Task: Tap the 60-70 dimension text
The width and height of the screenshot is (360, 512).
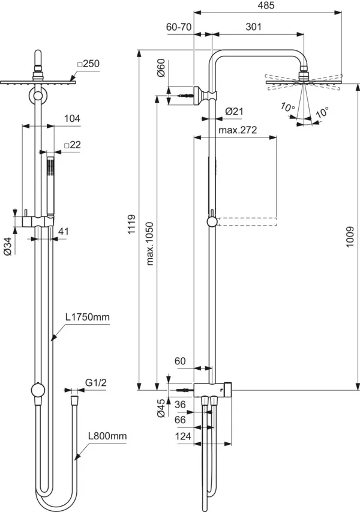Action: [179, 26]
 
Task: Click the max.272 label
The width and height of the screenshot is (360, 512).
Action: [235, 130]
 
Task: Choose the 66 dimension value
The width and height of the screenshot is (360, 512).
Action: [181, 420]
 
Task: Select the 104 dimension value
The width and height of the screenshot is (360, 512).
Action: [71, 119]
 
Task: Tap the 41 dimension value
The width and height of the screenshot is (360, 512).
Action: [64, 230]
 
